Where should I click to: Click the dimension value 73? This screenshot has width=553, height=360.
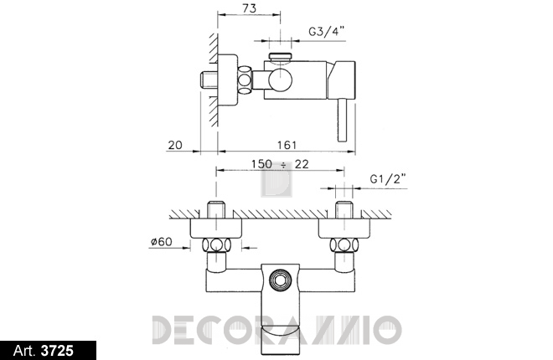click(250, 8)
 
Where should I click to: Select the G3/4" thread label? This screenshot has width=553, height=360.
click(327, 31)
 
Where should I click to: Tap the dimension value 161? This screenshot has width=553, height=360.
click(287, 145)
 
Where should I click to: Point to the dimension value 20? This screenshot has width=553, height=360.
click(175, 145)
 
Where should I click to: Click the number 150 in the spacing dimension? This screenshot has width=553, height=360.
click(261, 164)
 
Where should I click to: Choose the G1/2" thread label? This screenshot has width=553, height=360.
click(388, 179)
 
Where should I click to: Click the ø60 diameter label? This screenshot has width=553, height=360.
click(161, 242)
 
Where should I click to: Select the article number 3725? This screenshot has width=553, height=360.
click(58, 351)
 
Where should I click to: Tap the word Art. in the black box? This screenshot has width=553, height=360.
click(24, 351)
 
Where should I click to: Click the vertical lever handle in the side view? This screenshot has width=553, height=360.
click(343, 120)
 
